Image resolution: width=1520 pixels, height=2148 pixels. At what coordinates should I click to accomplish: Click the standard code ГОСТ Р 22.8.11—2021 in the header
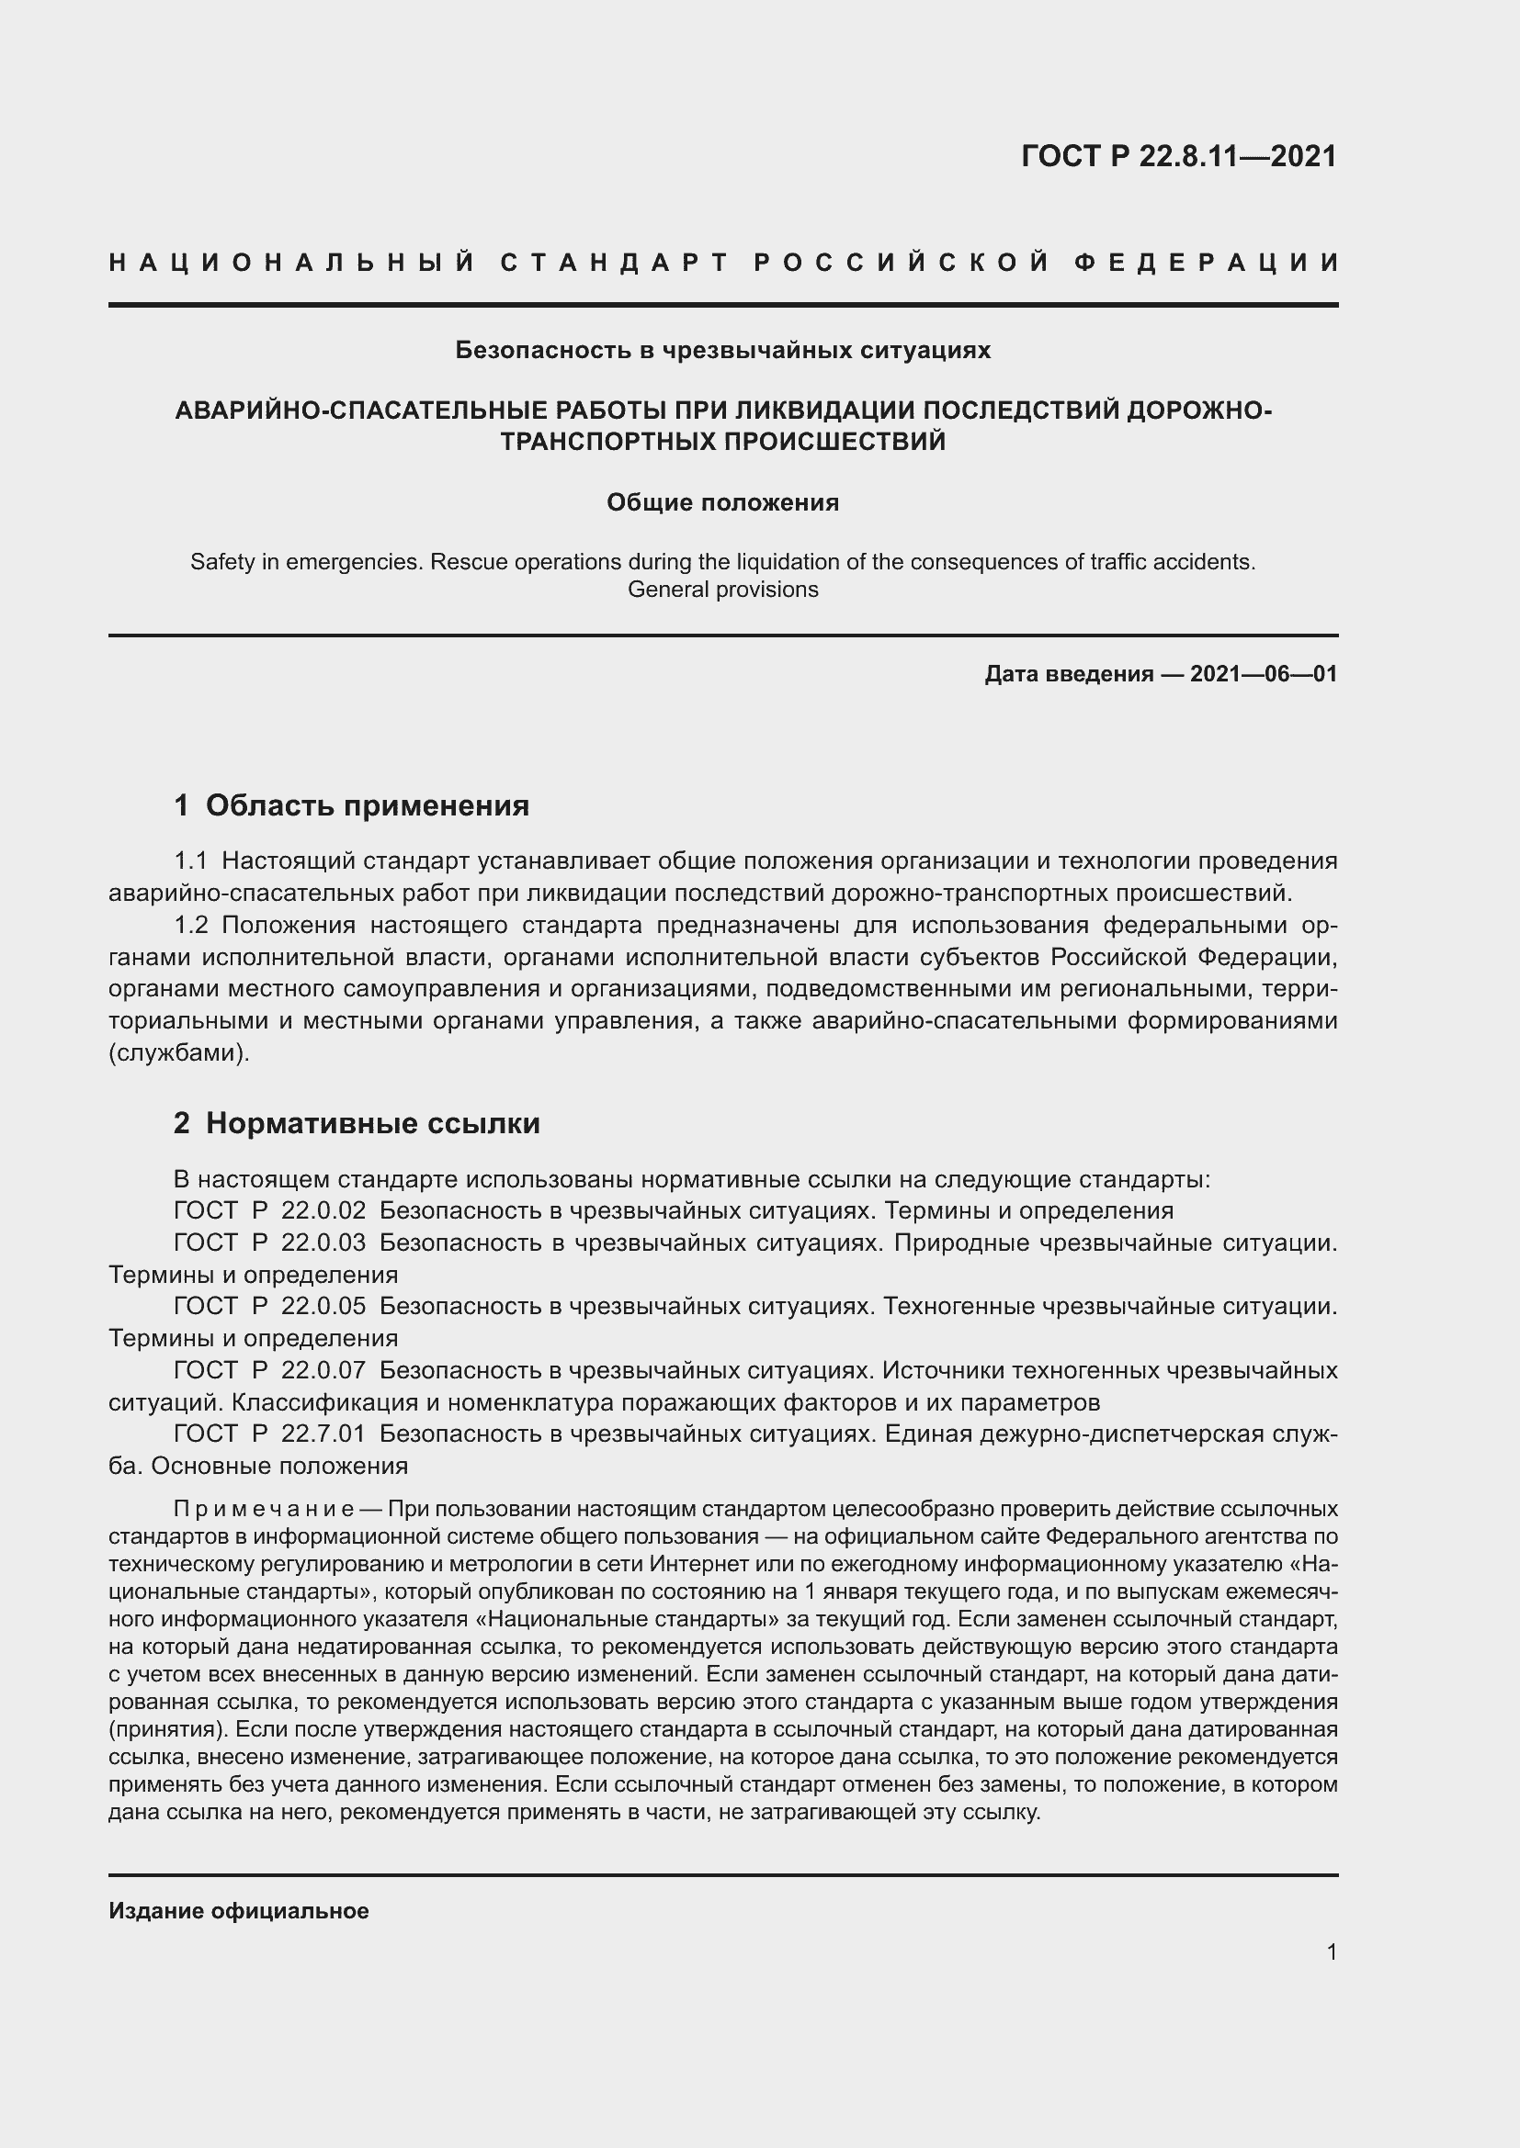point(1178,156)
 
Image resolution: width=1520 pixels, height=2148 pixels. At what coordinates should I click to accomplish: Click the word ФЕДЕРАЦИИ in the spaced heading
point(1207,263)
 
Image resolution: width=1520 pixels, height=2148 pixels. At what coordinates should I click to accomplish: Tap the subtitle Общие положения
point(722,503)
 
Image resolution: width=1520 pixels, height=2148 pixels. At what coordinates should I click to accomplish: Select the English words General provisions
point(722,590)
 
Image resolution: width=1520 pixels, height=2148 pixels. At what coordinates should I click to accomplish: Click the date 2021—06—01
point(1263,675)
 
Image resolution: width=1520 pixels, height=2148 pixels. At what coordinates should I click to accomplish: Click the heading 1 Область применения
point(352,805)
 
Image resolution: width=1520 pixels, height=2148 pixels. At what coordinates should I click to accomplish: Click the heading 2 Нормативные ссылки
point(357,1123)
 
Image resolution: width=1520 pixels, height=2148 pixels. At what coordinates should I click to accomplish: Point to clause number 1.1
point(192,861)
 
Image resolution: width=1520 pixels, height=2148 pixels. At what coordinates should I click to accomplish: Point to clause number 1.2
point(192,926)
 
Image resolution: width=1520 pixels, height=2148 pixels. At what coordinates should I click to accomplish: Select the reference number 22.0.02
point(323,1211)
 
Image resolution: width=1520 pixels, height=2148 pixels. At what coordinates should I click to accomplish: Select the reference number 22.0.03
point(323,1243)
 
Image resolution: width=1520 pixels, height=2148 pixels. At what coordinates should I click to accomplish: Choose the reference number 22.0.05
point(323,1307)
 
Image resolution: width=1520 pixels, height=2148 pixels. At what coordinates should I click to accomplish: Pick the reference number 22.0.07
point(323,1370)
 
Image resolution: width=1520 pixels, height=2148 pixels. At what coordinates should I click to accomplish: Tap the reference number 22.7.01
point(323,1434)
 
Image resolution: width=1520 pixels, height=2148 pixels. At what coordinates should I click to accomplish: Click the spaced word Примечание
point(263,1510)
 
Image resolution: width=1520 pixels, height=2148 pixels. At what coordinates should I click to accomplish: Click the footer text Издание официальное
point(239,1911)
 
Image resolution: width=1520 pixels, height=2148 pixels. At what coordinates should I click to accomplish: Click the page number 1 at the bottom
point(1331,1952)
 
